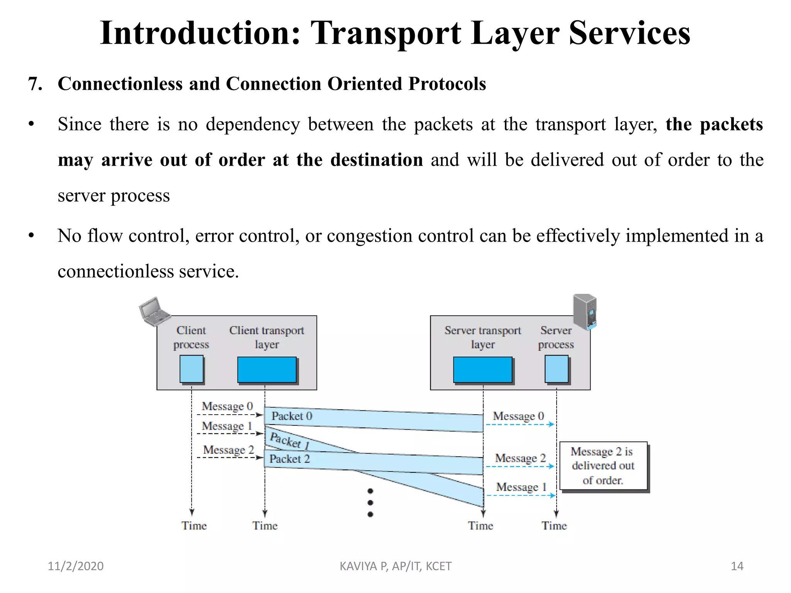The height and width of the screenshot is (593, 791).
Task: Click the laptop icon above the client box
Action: coord(154,311)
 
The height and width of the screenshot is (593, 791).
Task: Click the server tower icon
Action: coord(585,311)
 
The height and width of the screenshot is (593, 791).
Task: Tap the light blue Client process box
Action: coord(192,369)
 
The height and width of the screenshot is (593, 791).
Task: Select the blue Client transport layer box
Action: coord(266,369)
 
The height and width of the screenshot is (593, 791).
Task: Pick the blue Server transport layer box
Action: coord(482,369)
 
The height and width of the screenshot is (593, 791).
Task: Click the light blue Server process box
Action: coord(556,369)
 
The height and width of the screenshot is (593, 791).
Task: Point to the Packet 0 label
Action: coord(292,416)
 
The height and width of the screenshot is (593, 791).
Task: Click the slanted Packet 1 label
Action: coord(290,440)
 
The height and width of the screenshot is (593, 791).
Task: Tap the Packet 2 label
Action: coord(289,459)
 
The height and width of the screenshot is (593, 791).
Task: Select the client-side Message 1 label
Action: coord(227,426)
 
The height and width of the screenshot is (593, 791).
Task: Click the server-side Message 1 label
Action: coord(521,487)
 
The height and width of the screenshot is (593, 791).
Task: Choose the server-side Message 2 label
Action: coord(520,458)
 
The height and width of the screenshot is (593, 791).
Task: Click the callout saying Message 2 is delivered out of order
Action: coord(603,466)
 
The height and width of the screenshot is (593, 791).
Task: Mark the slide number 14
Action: coord(737,566)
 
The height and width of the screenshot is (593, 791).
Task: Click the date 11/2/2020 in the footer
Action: coord(75,566)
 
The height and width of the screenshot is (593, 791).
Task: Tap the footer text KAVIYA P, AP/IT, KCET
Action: coord(395,566)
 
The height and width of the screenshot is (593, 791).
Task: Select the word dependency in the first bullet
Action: coord(253,124)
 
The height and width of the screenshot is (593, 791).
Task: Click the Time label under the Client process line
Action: coord(194,525)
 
